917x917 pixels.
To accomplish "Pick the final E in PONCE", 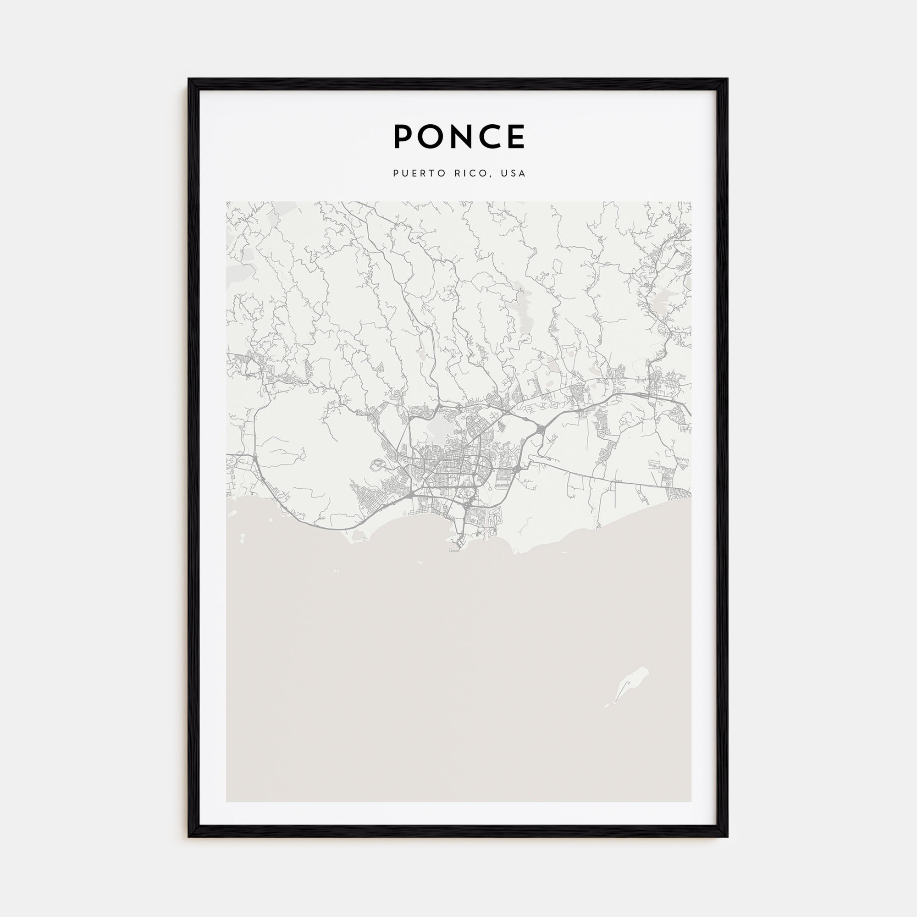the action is (516, 137).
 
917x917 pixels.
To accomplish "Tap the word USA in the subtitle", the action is (515, 173).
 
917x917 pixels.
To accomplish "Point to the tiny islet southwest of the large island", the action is (607, 719).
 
